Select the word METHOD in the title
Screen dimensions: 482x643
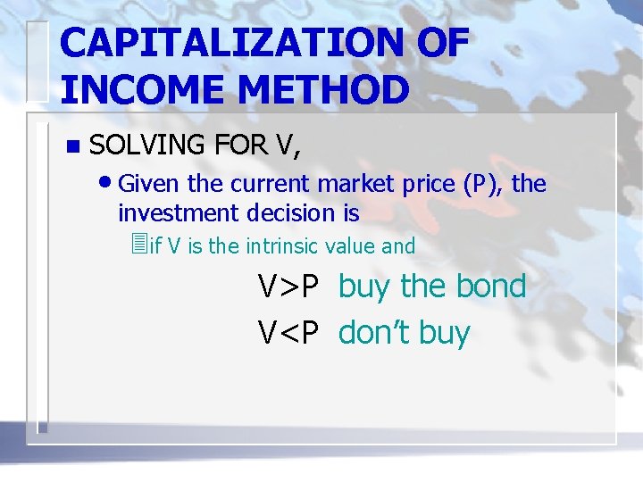point(316,89)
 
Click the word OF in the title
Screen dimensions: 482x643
point(434,43)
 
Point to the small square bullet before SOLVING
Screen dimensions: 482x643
point(72,145)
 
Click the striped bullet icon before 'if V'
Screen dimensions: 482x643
point(137,244)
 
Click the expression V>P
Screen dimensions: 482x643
point(288,287)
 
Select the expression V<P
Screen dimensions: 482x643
point(288,333)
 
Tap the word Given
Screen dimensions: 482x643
point(147,184)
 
